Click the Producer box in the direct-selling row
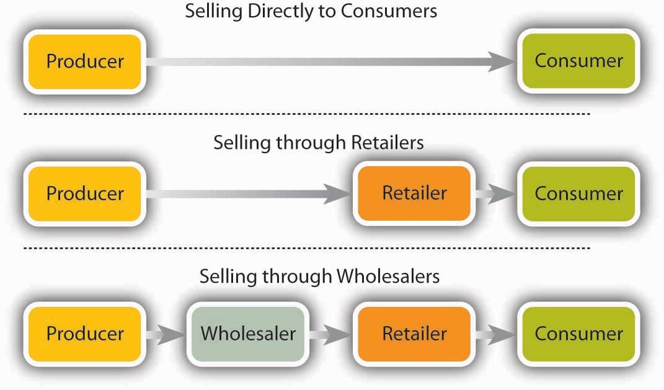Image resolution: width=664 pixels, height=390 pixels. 85,61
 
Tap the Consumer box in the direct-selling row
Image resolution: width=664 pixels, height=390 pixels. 578,61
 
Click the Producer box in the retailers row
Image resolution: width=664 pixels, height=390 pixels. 85,193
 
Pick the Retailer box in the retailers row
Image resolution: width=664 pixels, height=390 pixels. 414,193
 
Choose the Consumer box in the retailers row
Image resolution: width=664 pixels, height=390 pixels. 578,193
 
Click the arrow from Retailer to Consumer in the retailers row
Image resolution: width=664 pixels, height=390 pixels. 495,193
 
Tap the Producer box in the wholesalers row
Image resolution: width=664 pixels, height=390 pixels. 85,334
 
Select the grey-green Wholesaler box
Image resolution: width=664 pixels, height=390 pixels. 247,334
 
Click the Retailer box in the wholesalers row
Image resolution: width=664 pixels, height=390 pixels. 414,334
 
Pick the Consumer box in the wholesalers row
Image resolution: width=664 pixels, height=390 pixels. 578,334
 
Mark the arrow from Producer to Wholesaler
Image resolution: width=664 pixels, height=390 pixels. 166,334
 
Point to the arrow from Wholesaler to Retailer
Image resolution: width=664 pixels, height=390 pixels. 330,334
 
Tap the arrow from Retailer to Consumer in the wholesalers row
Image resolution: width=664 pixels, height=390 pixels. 495,334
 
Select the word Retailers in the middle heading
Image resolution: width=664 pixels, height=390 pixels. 387,143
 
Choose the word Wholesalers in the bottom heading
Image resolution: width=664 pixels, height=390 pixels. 388,276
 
